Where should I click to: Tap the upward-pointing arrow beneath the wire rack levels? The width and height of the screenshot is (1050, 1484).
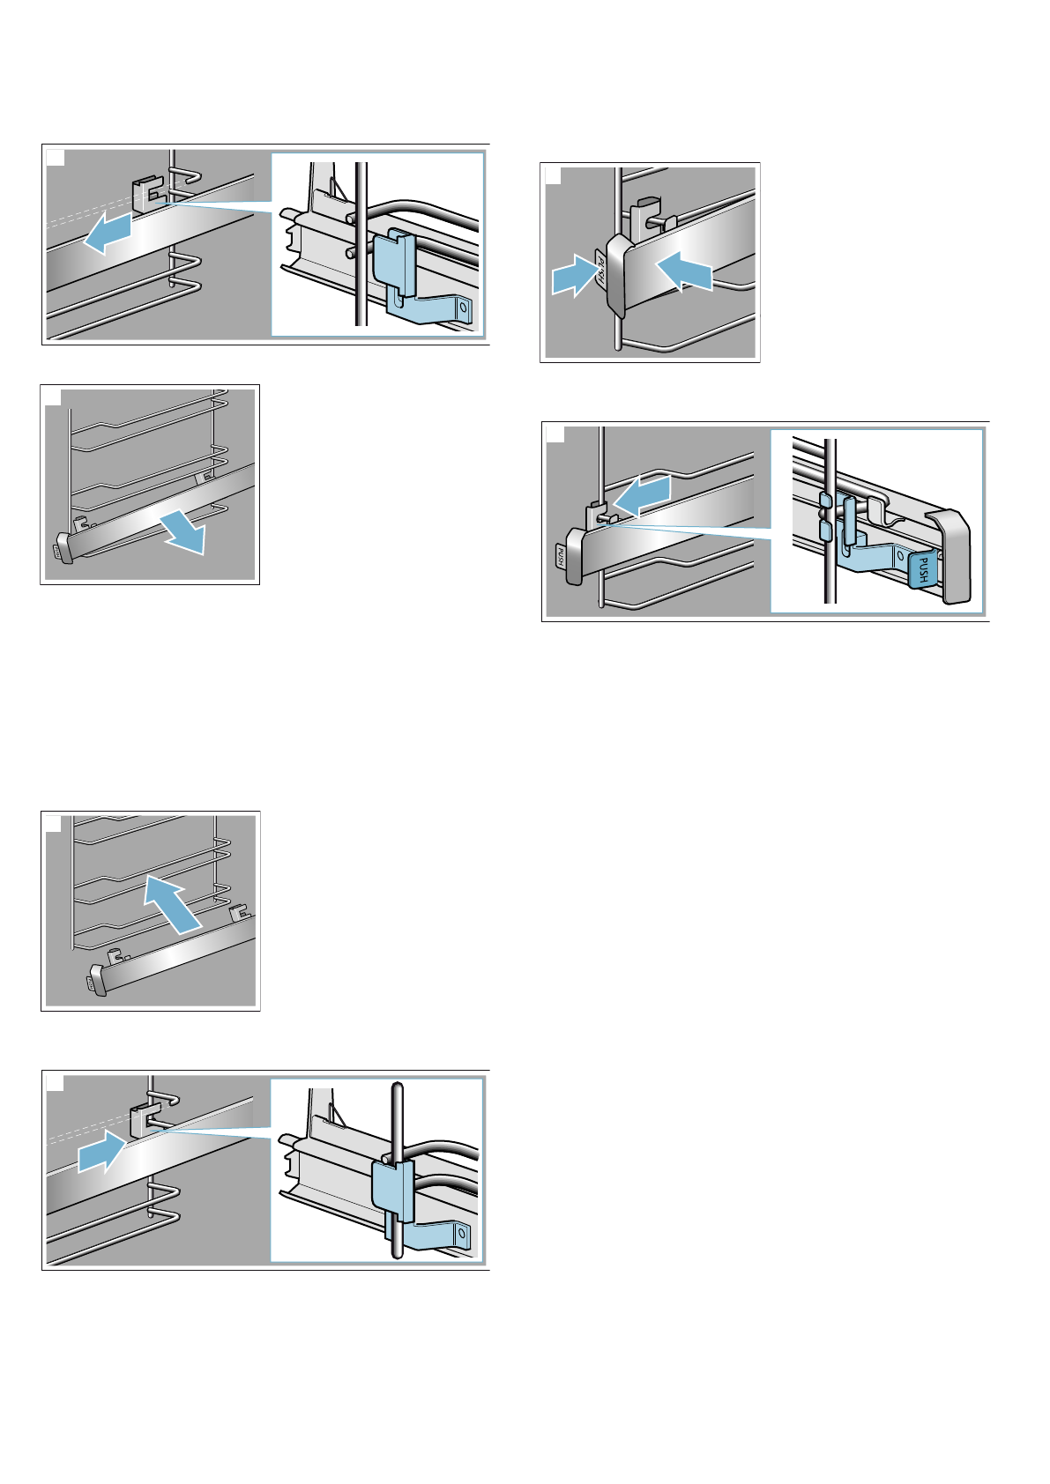(x=173, y=903)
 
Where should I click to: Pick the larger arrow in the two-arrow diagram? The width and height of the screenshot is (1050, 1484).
(x=685, y=270)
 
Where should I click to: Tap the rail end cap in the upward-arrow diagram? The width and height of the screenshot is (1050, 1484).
(x=97, y=979)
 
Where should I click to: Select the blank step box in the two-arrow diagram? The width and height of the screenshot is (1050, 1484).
(x=554, y=176)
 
